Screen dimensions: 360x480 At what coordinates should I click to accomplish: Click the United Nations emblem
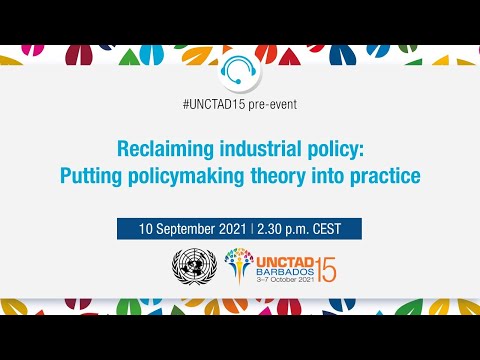[194, 267]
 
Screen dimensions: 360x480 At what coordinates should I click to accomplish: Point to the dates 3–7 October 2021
[272, 281]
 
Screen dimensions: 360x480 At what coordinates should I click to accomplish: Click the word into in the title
[326, 176]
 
